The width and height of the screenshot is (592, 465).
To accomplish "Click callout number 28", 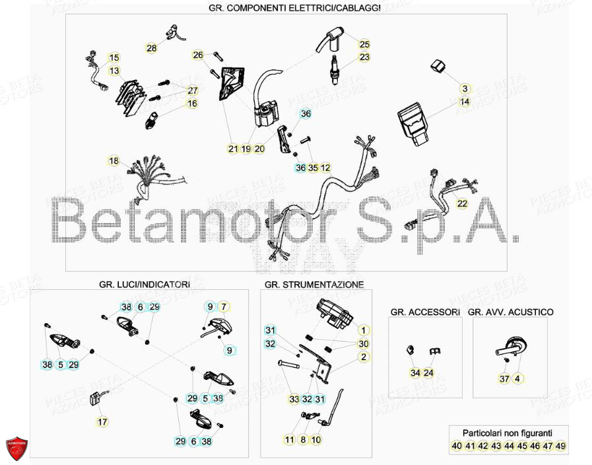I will [x=152, y=48].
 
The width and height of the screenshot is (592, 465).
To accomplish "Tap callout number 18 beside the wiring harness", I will [x=114, y=161].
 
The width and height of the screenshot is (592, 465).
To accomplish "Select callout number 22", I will [x=462, y=203].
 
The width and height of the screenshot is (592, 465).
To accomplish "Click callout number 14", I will [x=464, y=102].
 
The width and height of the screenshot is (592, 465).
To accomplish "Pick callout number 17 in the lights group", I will [x=102, y=421].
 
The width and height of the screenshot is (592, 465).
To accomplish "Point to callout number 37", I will [x=504, y=378].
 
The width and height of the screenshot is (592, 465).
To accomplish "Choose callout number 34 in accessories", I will [x=414, y=373].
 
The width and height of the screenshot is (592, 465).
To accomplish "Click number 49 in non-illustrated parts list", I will [x=561, y=447].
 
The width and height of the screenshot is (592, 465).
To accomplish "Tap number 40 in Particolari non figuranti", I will [x=456, y=447].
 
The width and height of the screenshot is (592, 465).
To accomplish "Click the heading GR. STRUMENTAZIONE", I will [x=313, y=285].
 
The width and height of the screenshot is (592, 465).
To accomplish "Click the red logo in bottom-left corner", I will [x=18, y=449].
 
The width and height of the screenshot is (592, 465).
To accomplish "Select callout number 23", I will [x=364, y=57].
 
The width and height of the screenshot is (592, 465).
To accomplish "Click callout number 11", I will [x=289, y=439].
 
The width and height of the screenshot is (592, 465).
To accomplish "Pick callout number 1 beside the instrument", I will [x=362, y=330].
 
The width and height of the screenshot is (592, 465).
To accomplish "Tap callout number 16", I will [x=191, y=104].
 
